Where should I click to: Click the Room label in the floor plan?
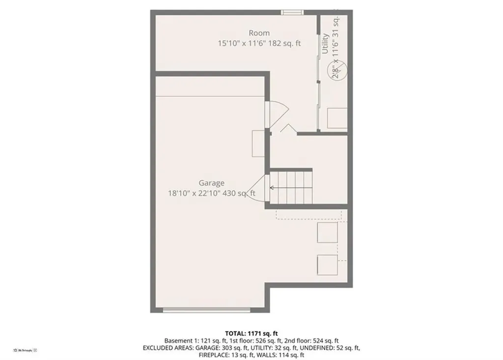[x=259, y=33]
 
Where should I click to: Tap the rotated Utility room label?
[x=325, y=44]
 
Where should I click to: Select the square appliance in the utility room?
[x=337, y=118]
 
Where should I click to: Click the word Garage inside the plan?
[x=211, y=183]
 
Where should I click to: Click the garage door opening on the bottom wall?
[x=207, y=309]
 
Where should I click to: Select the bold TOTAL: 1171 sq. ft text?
[x=251, y=333]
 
